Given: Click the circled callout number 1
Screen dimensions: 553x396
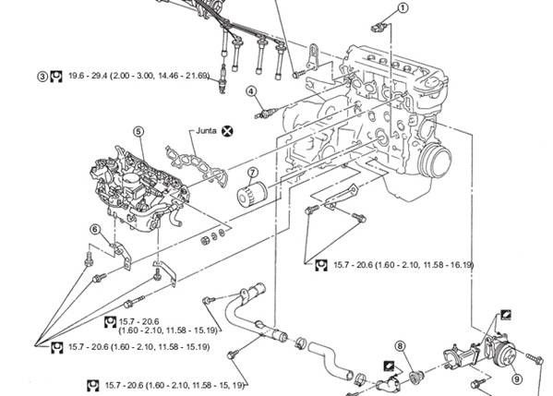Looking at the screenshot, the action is (403, 7).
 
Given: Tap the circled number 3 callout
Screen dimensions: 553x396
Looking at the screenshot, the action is (42, 77).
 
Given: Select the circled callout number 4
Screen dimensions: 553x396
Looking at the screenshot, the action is (251, 91).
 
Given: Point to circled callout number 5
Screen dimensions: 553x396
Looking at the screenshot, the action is (138, 131).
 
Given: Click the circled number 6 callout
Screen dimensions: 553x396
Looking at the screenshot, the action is (95, 230).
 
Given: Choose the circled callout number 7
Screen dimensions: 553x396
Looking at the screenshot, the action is (253, 173).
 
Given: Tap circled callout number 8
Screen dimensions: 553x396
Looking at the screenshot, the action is (400, 346).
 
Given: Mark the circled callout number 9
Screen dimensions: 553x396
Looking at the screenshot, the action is (517, 379).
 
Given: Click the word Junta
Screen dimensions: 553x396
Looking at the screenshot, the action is (206, 130).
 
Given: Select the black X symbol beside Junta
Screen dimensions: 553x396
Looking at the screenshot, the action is (227, 131).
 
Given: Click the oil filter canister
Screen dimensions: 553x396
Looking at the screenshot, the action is (251, 193).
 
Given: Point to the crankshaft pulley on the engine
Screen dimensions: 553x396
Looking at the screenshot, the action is (435, 161).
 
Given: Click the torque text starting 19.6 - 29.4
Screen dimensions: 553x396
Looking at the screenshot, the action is (138, 76).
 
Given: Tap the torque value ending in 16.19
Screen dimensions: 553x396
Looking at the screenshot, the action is (403, 265).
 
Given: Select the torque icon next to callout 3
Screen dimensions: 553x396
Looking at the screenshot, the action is (55, 77).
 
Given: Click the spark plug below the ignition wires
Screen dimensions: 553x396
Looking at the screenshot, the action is (222, 80).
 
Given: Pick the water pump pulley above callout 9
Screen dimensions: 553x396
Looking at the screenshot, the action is (505, 354).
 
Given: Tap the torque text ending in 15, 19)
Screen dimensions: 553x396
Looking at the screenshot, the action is (174, 385).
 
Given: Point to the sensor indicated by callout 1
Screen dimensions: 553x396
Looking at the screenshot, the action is (381, 27).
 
